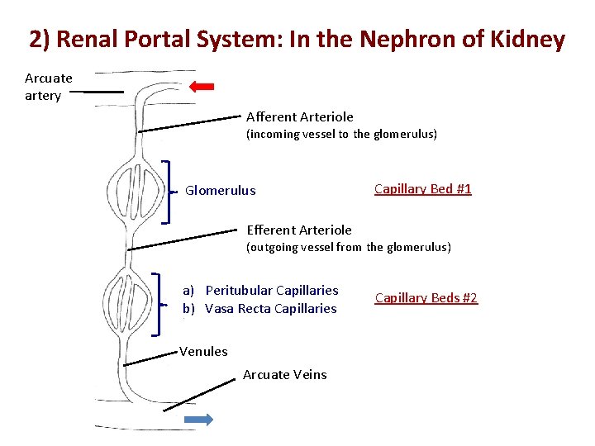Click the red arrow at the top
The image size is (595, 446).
pyautogui.click(x=202, y=86)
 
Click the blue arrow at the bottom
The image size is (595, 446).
pyautogui.click(x=198, y=420)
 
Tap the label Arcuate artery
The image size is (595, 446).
pyautogui.click(x=48, y=87)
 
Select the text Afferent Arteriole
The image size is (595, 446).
pyautogui.click(x=299, y=117)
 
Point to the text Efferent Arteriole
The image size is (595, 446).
pyautogui.click(x=298, y=230)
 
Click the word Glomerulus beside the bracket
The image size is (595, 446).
pyautogui.click(x=220, y=191)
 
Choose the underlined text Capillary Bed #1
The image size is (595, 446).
pyautogui.click(x=422, y=189)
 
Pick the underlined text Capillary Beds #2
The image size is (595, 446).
pyautogui.click(x=426, y=298)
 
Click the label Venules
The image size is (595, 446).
pyautogui.click(x=203, y=352)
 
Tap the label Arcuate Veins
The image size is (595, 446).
pyautogui.click(x=284, y=375)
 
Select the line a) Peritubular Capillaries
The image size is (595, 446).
pyautogui.click(x=260, y=291)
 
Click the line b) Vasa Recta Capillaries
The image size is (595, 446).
pyautogui.click(x=259, y=309)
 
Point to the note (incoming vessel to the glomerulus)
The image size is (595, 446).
pyautogui.click(x=341, y=134)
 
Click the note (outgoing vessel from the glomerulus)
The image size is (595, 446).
pyautogui.click(x=349, y=247)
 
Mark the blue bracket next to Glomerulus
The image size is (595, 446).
pyautogui.click(x=168, y=192)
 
